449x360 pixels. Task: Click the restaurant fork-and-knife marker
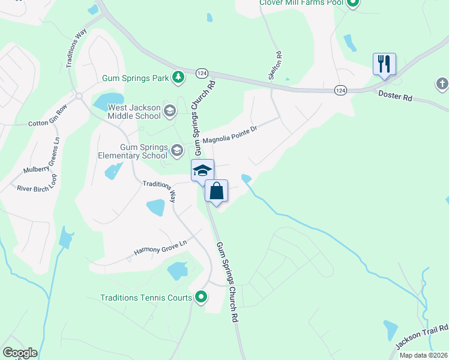pyautogui.click(x=384, y=64)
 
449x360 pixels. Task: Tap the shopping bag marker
pyautogui.click(x=217, y=191)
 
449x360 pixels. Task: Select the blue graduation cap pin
pyautogui.click(x=202, y=170)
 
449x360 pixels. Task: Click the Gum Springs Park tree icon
pyautogui.click(x=178, y=77)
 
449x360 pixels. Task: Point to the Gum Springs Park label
pyautogui.click(x=136, y=77)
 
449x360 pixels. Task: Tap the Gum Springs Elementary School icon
pyautogui.click(x=176, y=149)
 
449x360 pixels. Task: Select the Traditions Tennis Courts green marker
pyautogui.click(x=202, y=297)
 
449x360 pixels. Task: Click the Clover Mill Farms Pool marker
pyautogui.click(x=353, y=3)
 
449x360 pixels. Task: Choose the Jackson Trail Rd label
pyautogui.click(x=423, y=337)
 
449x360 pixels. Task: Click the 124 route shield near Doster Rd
pyautogui.click(x=341, y=90)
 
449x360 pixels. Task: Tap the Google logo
pyautogui.click(x=20, y=353)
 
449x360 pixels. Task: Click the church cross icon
pyautogui.click(x=442, y=83)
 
